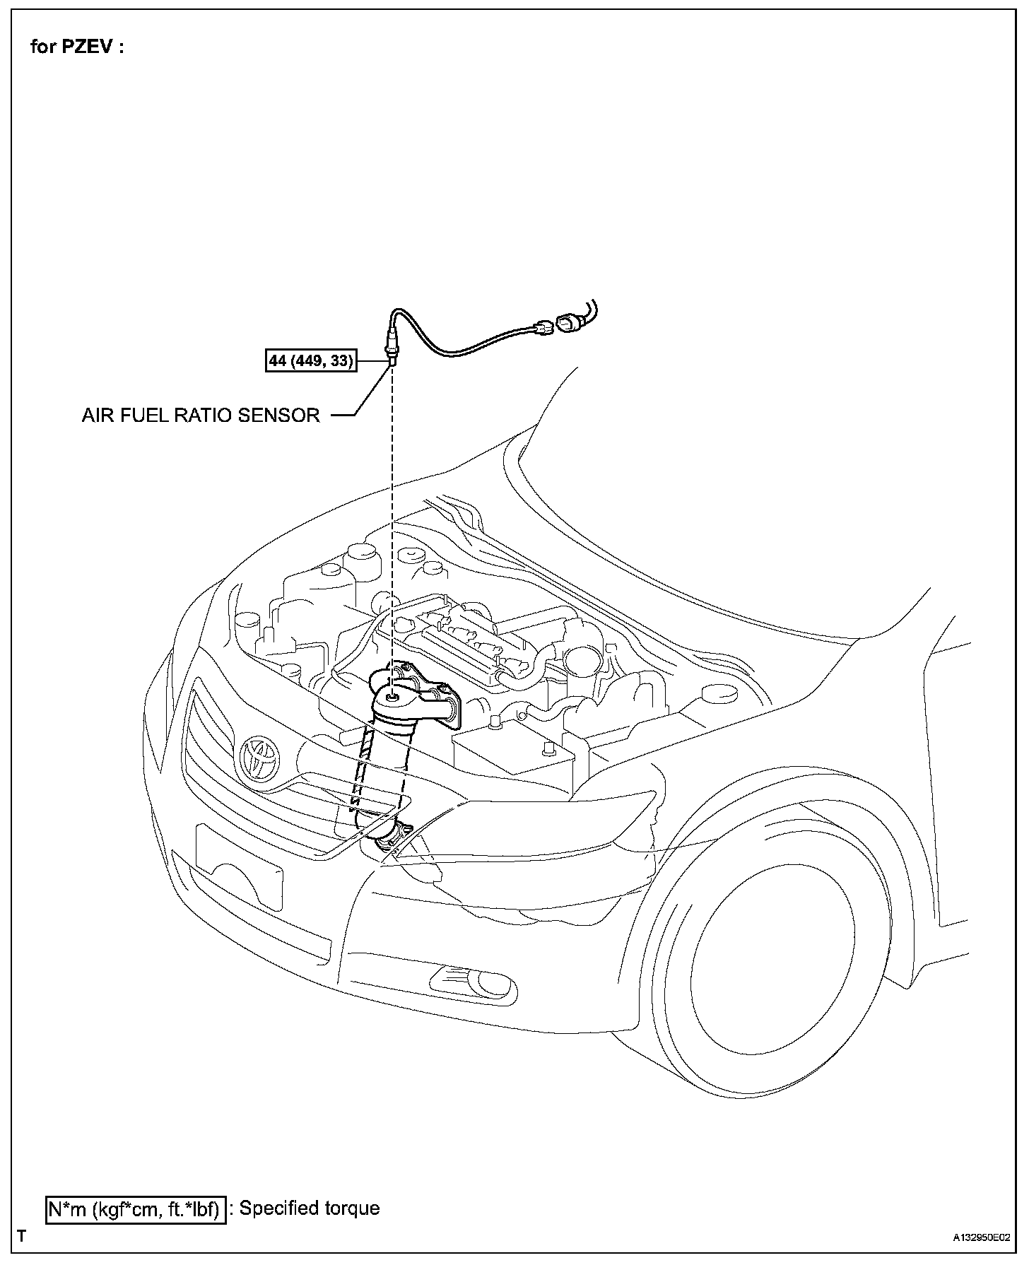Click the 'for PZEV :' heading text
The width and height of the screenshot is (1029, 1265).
tap(77, 47)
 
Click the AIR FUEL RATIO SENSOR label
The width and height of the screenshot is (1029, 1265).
tap(201, 416)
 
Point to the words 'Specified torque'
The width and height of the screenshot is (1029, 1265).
tap(310, 1208)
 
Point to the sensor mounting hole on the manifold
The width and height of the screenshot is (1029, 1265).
tap(391, 698)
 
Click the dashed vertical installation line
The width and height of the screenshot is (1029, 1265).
tap(391, 530)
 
